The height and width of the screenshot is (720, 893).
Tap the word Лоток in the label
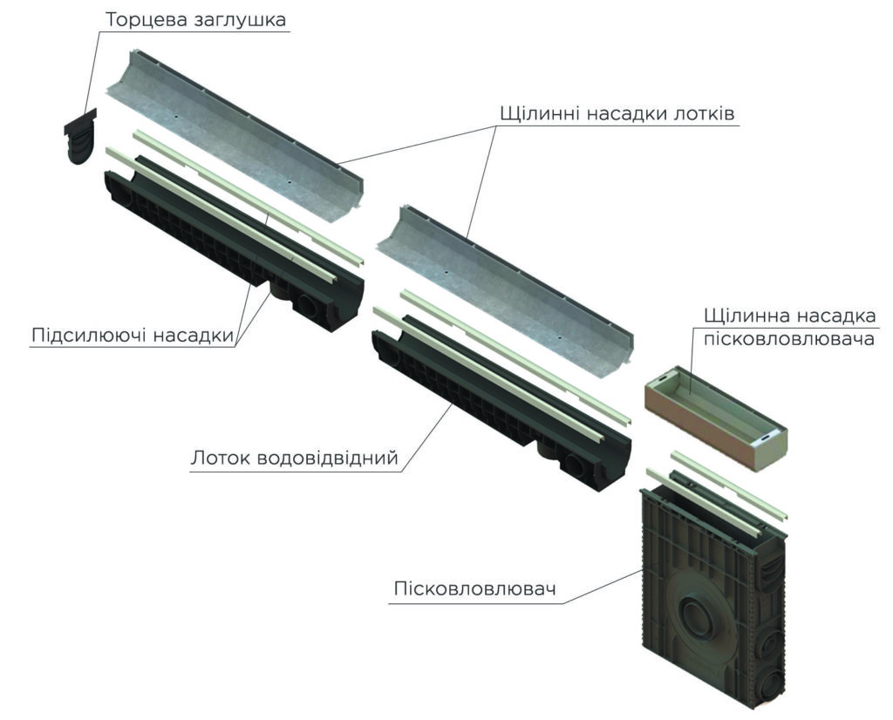220,458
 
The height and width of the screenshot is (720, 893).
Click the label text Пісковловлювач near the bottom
474,589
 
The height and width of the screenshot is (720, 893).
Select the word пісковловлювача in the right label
788,339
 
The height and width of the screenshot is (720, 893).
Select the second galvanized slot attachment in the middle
506,292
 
